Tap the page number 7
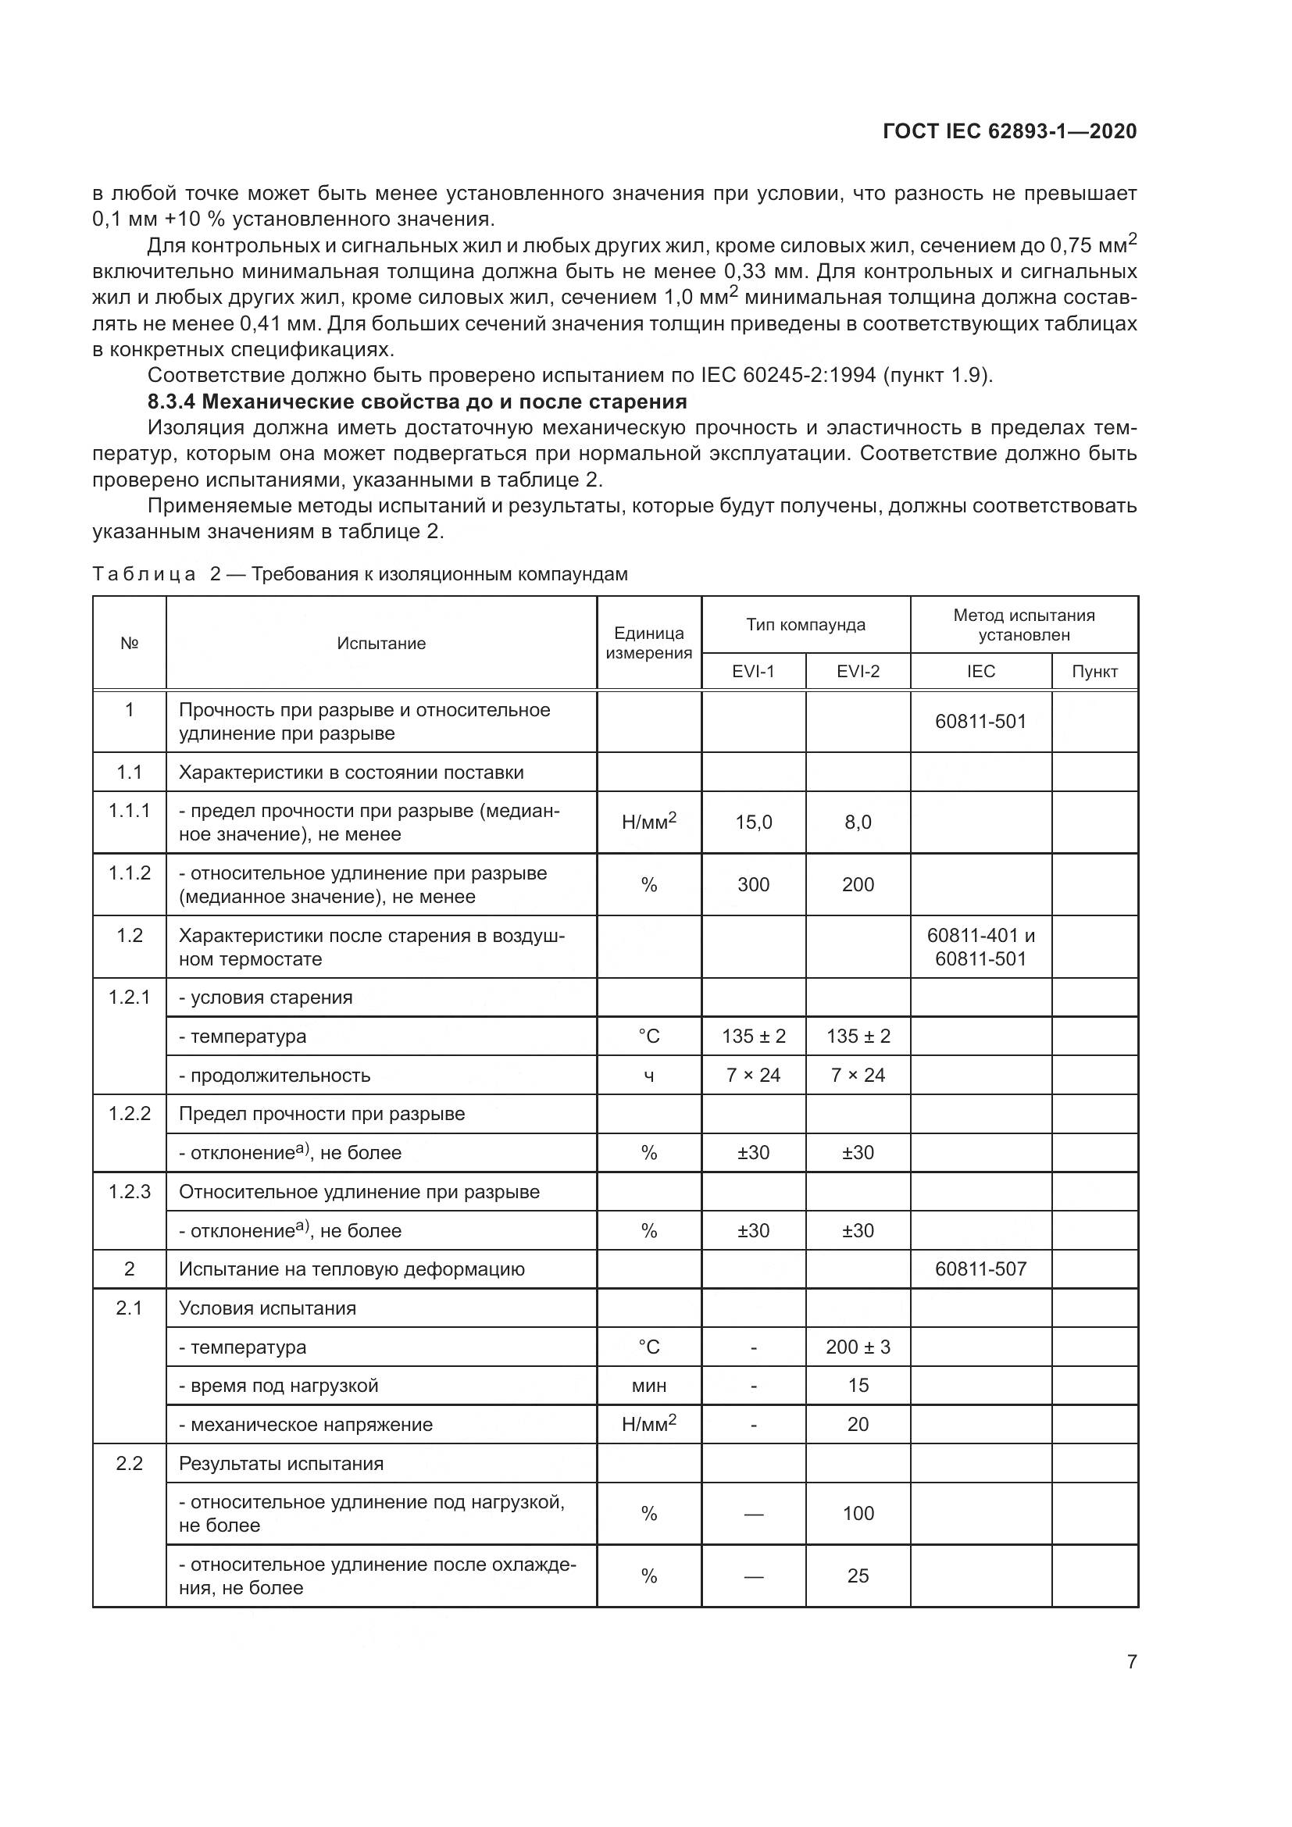(1131, 1661)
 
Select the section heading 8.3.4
(417, 401)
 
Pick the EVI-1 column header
(752, 671)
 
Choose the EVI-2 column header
(858, 671)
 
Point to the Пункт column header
(1094, 671)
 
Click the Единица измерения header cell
(648, 643)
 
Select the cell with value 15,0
(752, 822)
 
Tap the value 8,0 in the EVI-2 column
(858, 822)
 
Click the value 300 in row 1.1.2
(752, 884)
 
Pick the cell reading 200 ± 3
(858, 1347)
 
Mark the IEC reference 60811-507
(980, 1269)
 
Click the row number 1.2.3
(129, 1191)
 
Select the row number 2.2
(129, 1463)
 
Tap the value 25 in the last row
(858, 1575)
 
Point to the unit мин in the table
(648, 1386)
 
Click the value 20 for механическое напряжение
(858, 1425)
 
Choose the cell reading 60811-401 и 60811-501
(980, 947)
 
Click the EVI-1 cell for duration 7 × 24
(752, 1075)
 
